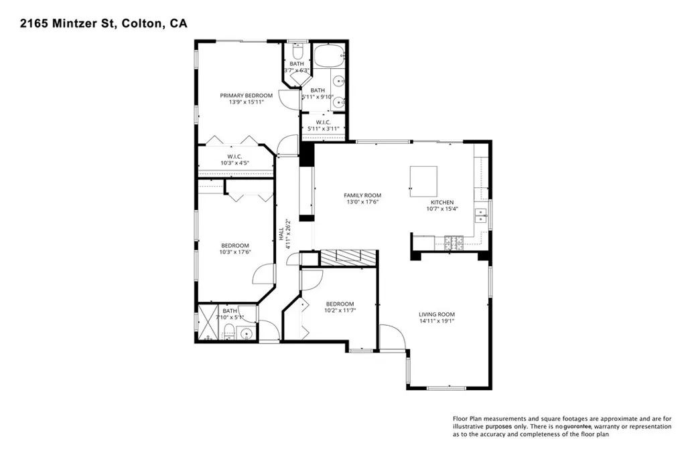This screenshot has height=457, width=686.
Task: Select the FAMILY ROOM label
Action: tap(364, 195)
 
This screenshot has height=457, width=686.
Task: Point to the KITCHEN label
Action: tap(442, 202)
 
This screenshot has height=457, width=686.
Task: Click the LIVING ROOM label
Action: tap(437, 314)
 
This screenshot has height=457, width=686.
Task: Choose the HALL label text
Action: tap(281, 234)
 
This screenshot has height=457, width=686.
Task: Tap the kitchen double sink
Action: tap(481, 215)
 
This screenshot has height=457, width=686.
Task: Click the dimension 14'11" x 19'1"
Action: tap(437, 321)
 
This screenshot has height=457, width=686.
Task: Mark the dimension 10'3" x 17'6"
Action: tap(235, 252)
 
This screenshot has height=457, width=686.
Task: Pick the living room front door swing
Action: tap(391, 337)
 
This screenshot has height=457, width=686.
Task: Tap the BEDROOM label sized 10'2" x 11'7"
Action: tap(340, 304)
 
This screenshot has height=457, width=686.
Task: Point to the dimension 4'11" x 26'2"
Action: tap(288, 234)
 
